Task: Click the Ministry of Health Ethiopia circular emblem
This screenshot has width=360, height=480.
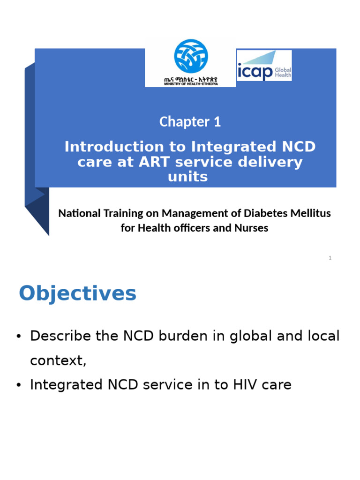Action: pyautogui.click(x=191, y=56)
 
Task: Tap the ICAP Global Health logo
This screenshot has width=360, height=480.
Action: pyautogui.click(x=264, y=66)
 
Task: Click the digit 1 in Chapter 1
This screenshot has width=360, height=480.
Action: pyautogui.click(x=217, y=122)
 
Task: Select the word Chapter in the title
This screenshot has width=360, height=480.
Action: pyautogui.click(x=184, y=122)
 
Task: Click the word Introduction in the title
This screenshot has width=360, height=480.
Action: pyautogui.click(x=114, y=147)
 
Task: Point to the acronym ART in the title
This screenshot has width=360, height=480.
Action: pyautogui.click(x=154, y=162)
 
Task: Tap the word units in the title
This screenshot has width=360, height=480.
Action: pyautogui.click(x=187, y=177)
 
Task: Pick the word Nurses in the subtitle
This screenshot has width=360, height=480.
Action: pyautogui.click(x=251, y=228)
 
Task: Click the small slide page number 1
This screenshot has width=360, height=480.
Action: pyautogui.click(x=330, y=258)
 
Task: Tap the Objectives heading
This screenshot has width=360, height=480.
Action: pyautogui.click(x=77, y=293)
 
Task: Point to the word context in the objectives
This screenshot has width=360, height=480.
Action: pyautogui.click(x=58, y=360)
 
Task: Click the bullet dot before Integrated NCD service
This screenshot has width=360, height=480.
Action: pyautogui.click(x=19, y=385)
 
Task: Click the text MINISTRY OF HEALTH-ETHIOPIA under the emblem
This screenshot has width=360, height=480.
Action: pyautogui.click(x=191, y=84)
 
